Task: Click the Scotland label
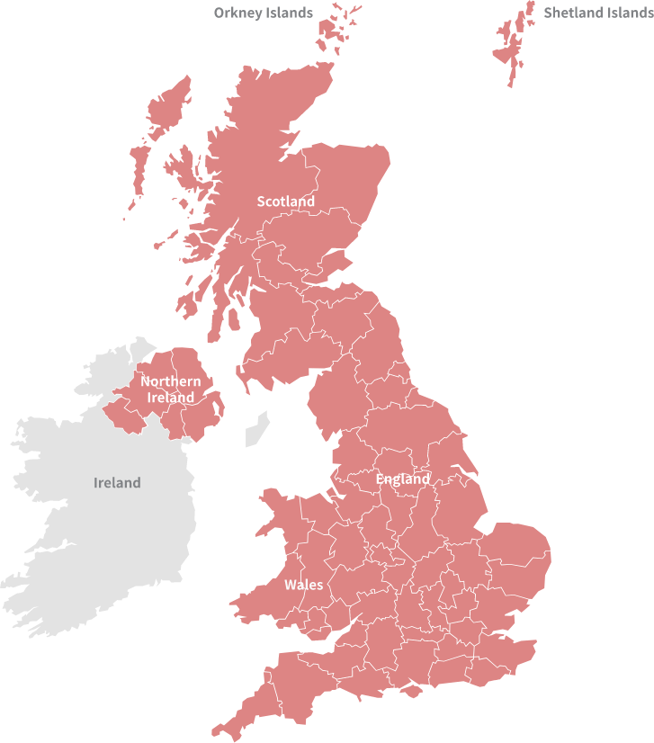point(286,201)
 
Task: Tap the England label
point(402,479)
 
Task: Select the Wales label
point(303,585)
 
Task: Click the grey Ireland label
point(117,483)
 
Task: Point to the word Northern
point(171,381)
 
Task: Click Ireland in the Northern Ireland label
point(171,398)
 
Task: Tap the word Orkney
point(238,13)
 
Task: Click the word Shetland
point(572,13)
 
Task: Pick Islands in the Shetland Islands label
point(628,13)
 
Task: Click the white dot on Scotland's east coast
point(347,277)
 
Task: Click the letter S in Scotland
point(261,201)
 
